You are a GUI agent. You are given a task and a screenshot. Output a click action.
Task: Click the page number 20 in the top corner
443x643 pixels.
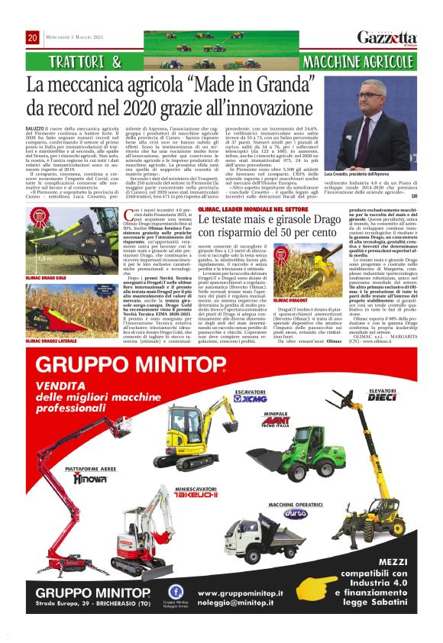pyautogui.click(x=33, y=37)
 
